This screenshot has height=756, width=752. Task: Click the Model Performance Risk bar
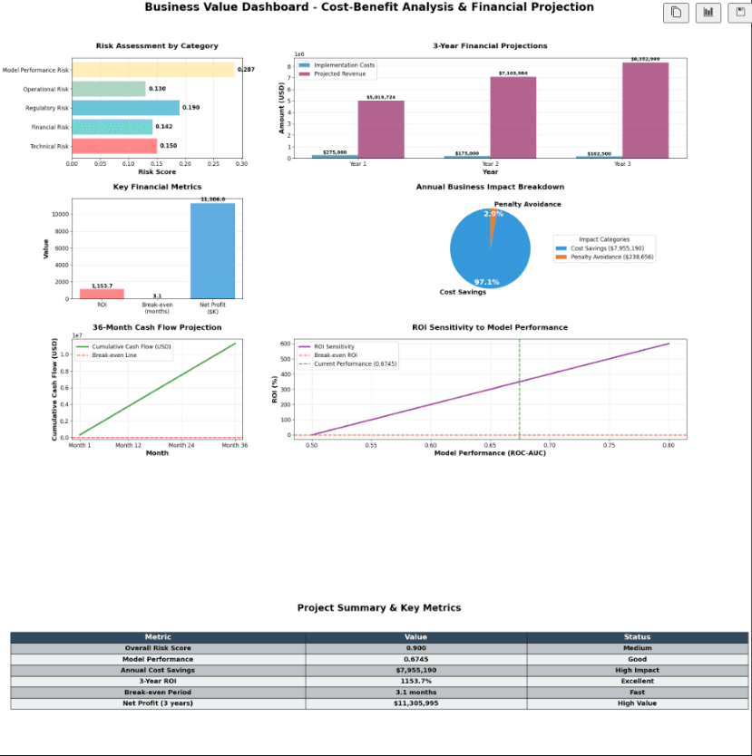(x=152, y=70)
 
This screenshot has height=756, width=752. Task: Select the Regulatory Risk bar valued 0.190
(x=125, y=108)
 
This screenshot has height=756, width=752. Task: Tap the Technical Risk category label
(x=50, y=146)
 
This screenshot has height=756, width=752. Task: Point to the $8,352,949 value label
(x=645, y=59)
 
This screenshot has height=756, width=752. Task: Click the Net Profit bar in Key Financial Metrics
(x=212, y=250)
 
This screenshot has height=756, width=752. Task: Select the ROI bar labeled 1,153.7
(x=102, y=293)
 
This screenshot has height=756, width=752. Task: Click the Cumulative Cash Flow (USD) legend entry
(x=126, y=346)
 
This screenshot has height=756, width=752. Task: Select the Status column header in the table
(x=637, y=637)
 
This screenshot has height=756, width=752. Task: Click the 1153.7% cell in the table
(x=415, y=681)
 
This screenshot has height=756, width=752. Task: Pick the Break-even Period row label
(x=158, y=692)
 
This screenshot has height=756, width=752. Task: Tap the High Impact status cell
(x=637, y=670)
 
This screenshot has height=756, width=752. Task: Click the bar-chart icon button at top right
(x=708, y=13)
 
